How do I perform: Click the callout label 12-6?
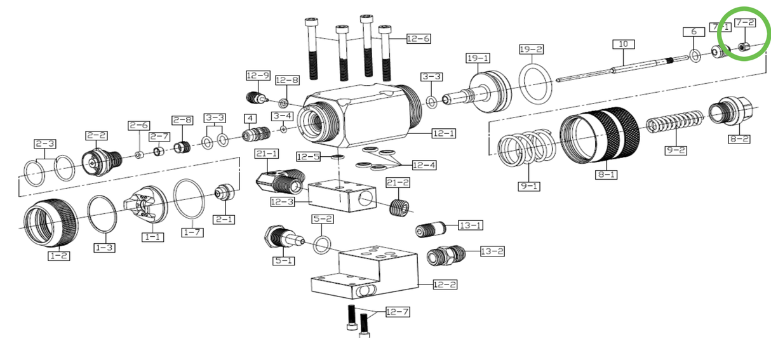(x=418, y=39)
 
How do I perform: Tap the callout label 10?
(x=623, y=44)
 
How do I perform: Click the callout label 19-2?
(x=531, y=49)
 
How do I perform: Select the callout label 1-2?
(x=58, y=256)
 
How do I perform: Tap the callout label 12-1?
(x=443, y=133)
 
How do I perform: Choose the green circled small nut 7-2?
(x=744, y=47)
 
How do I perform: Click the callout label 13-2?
(x=492, y=251)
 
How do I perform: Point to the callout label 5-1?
(x=283, y=260)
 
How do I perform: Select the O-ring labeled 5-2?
(x=322, y=243)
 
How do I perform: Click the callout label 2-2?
(x=97, y=135)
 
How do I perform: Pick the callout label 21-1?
(x=267, y=154)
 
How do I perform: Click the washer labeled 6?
(x=695, y=57)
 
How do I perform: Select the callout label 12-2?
(x=445, y=284)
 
